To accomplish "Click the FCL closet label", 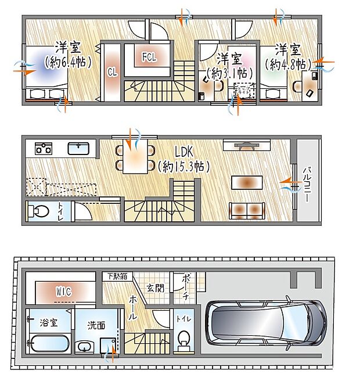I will coord(149,57).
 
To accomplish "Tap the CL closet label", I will coord(111,72).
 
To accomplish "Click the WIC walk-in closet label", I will coord(63,291).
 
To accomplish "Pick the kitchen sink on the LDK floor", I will coord(78,148).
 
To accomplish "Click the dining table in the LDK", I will coord(135,157).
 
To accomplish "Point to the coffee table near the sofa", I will coord(247,182).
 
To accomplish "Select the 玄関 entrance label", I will coord(155,287).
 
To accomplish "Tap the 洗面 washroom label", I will coord(96,326).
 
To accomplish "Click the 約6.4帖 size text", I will coord(69,63).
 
